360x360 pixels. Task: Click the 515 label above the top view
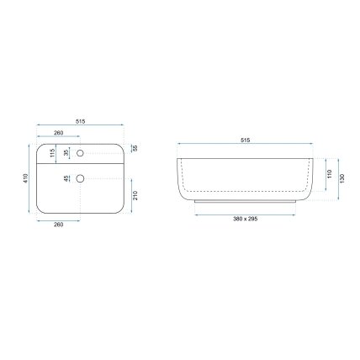point(80,121)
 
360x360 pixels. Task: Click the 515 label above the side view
point(246,140)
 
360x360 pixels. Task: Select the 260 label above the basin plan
point(59,133)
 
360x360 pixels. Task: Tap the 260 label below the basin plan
point(59,225)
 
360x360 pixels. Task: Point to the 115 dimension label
point(52,153)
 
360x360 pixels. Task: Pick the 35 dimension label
point(66,153)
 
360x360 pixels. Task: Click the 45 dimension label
point(66,178)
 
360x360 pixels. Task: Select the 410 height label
point(26,178)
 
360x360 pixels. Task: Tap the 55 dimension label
point(135,148)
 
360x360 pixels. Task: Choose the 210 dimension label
point(135,195)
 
